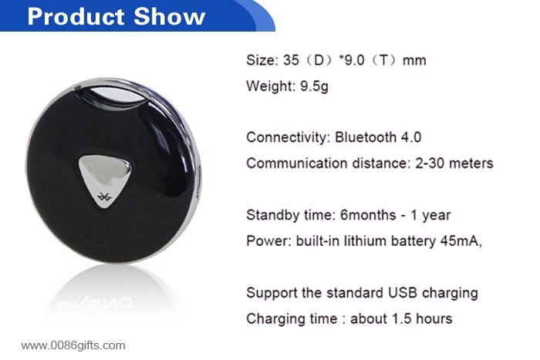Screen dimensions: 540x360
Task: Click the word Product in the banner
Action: point(76,16)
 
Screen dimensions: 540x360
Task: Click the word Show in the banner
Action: point(170,16)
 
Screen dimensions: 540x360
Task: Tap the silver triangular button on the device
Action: point(105,180)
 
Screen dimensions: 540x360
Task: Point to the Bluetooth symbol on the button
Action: point(103,197)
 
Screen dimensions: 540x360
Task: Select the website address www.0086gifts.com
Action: point(73,345)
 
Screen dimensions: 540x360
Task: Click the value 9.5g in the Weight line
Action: point(314,86)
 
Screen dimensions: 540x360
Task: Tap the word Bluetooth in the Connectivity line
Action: point(366,137)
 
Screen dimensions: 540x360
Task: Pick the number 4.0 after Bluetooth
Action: point(411,137)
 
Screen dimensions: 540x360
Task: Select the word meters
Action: point(471,163)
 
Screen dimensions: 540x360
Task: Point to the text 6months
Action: point(368,215)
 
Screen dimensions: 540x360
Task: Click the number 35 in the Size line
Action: point(291,60)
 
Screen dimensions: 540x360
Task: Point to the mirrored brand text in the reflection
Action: point(94,304)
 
